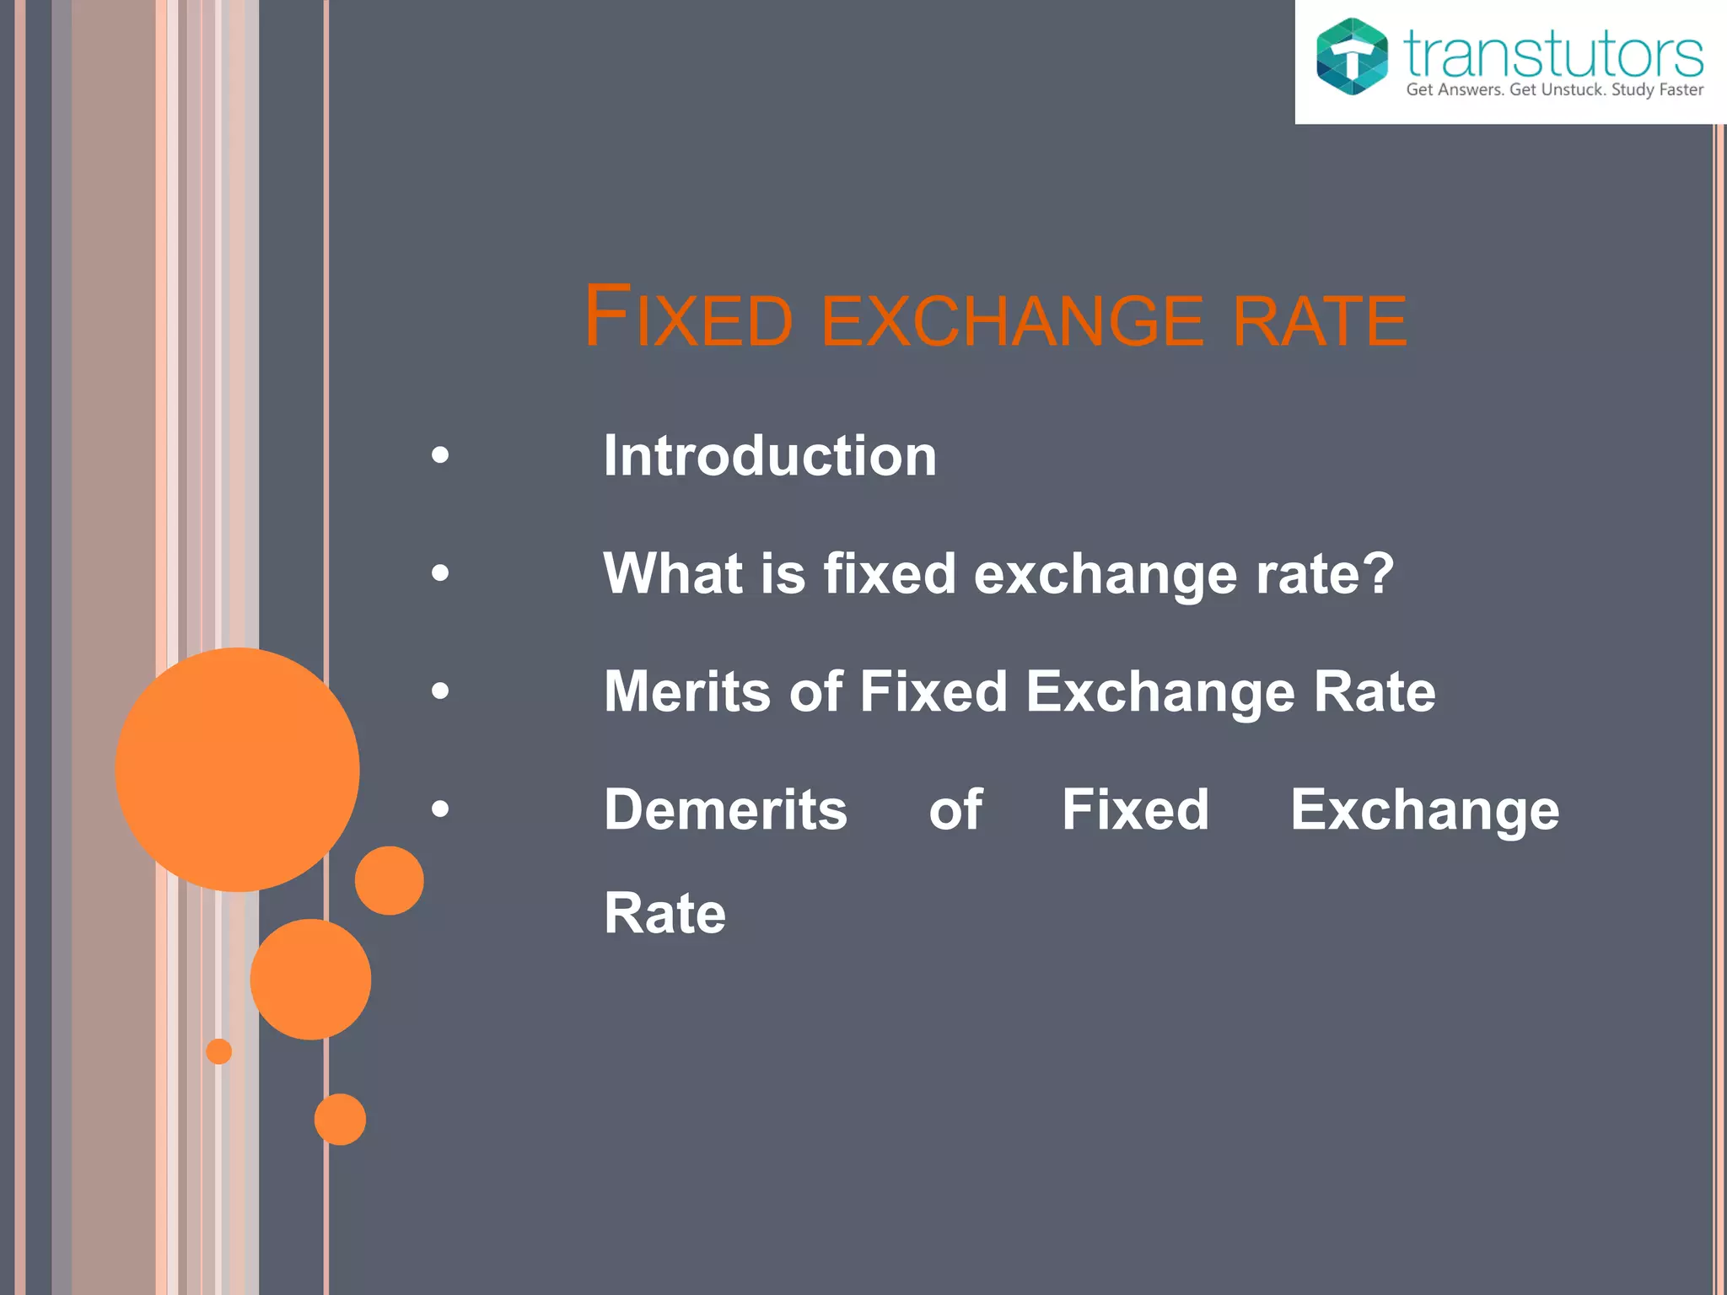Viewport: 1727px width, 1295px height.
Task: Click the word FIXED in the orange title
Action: click(x=688, y=317)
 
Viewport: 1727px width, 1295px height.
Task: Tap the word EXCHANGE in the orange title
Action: click(x=1012, y=320)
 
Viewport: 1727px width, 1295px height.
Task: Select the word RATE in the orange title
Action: click(x=1319, y=320)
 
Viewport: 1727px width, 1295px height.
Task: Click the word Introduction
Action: click(x=769, y=456)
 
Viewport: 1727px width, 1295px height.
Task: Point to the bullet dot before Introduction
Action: click(x=440, y=456)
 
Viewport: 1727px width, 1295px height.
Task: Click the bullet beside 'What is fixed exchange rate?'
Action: click(x=440, y=574)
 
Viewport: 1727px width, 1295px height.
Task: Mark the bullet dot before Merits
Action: click(x=440, y=692)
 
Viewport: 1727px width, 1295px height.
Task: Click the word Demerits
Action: click(x=725, y=810)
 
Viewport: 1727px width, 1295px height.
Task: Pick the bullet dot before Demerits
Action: click(x=440, y=810)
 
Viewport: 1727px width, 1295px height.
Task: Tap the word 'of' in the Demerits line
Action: click(x=955, y=810)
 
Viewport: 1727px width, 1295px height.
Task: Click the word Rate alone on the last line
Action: click(x=664, y=913)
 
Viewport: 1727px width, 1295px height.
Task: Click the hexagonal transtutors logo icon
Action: click(x=1352, y=56)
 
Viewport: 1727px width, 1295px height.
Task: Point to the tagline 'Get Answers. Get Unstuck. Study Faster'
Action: click(x=1554, y=90)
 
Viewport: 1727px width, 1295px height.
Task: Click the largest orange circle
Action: click(x=238, y=769)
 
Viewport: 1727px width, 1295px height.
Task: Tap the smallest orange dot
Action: click(x=219, y=1051)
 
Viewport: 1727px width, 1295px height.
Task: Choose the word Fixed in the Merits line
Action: click(x=933, y=692)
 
